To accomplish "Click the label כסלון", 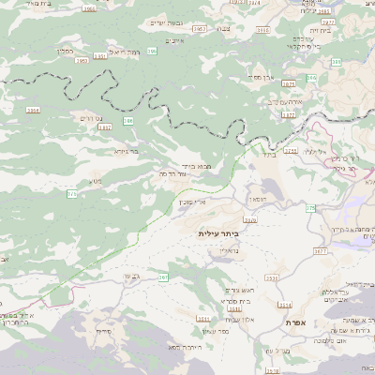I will [x=65, y=51].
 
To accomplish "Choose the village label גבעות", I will [x=130, y=276].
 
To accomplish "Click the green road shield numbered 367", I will [x=162, y=277].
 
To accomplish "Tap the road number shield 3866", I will [x=90, y=8].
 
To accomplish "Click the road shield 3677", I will [x=321, y=251].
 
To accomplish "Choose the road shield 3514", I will [x=285, y=305].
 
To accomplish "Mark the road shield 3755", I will [x=291, y=150].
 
